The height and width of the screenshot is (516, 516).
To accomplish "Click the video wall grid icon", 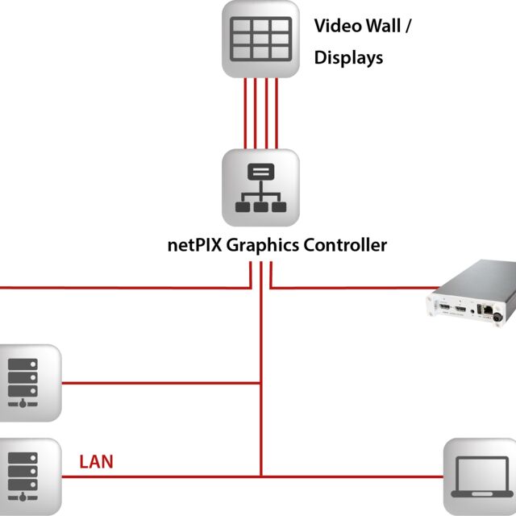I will [x=261, y=40].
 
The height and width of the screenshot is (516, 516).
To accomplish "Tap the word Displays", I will [x=348, y=58].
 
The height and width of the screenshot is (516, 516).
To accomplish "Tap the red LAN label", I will [x=96, y=462].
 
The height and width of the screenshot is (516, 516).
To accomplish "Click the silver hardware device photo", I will [x=471, y=295].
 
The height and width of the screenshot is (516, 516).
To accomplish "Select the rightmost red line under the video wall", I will [x=277, y=113].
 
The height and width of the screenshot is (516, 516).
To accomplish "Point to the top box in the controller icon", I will [x=260, y=172].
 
